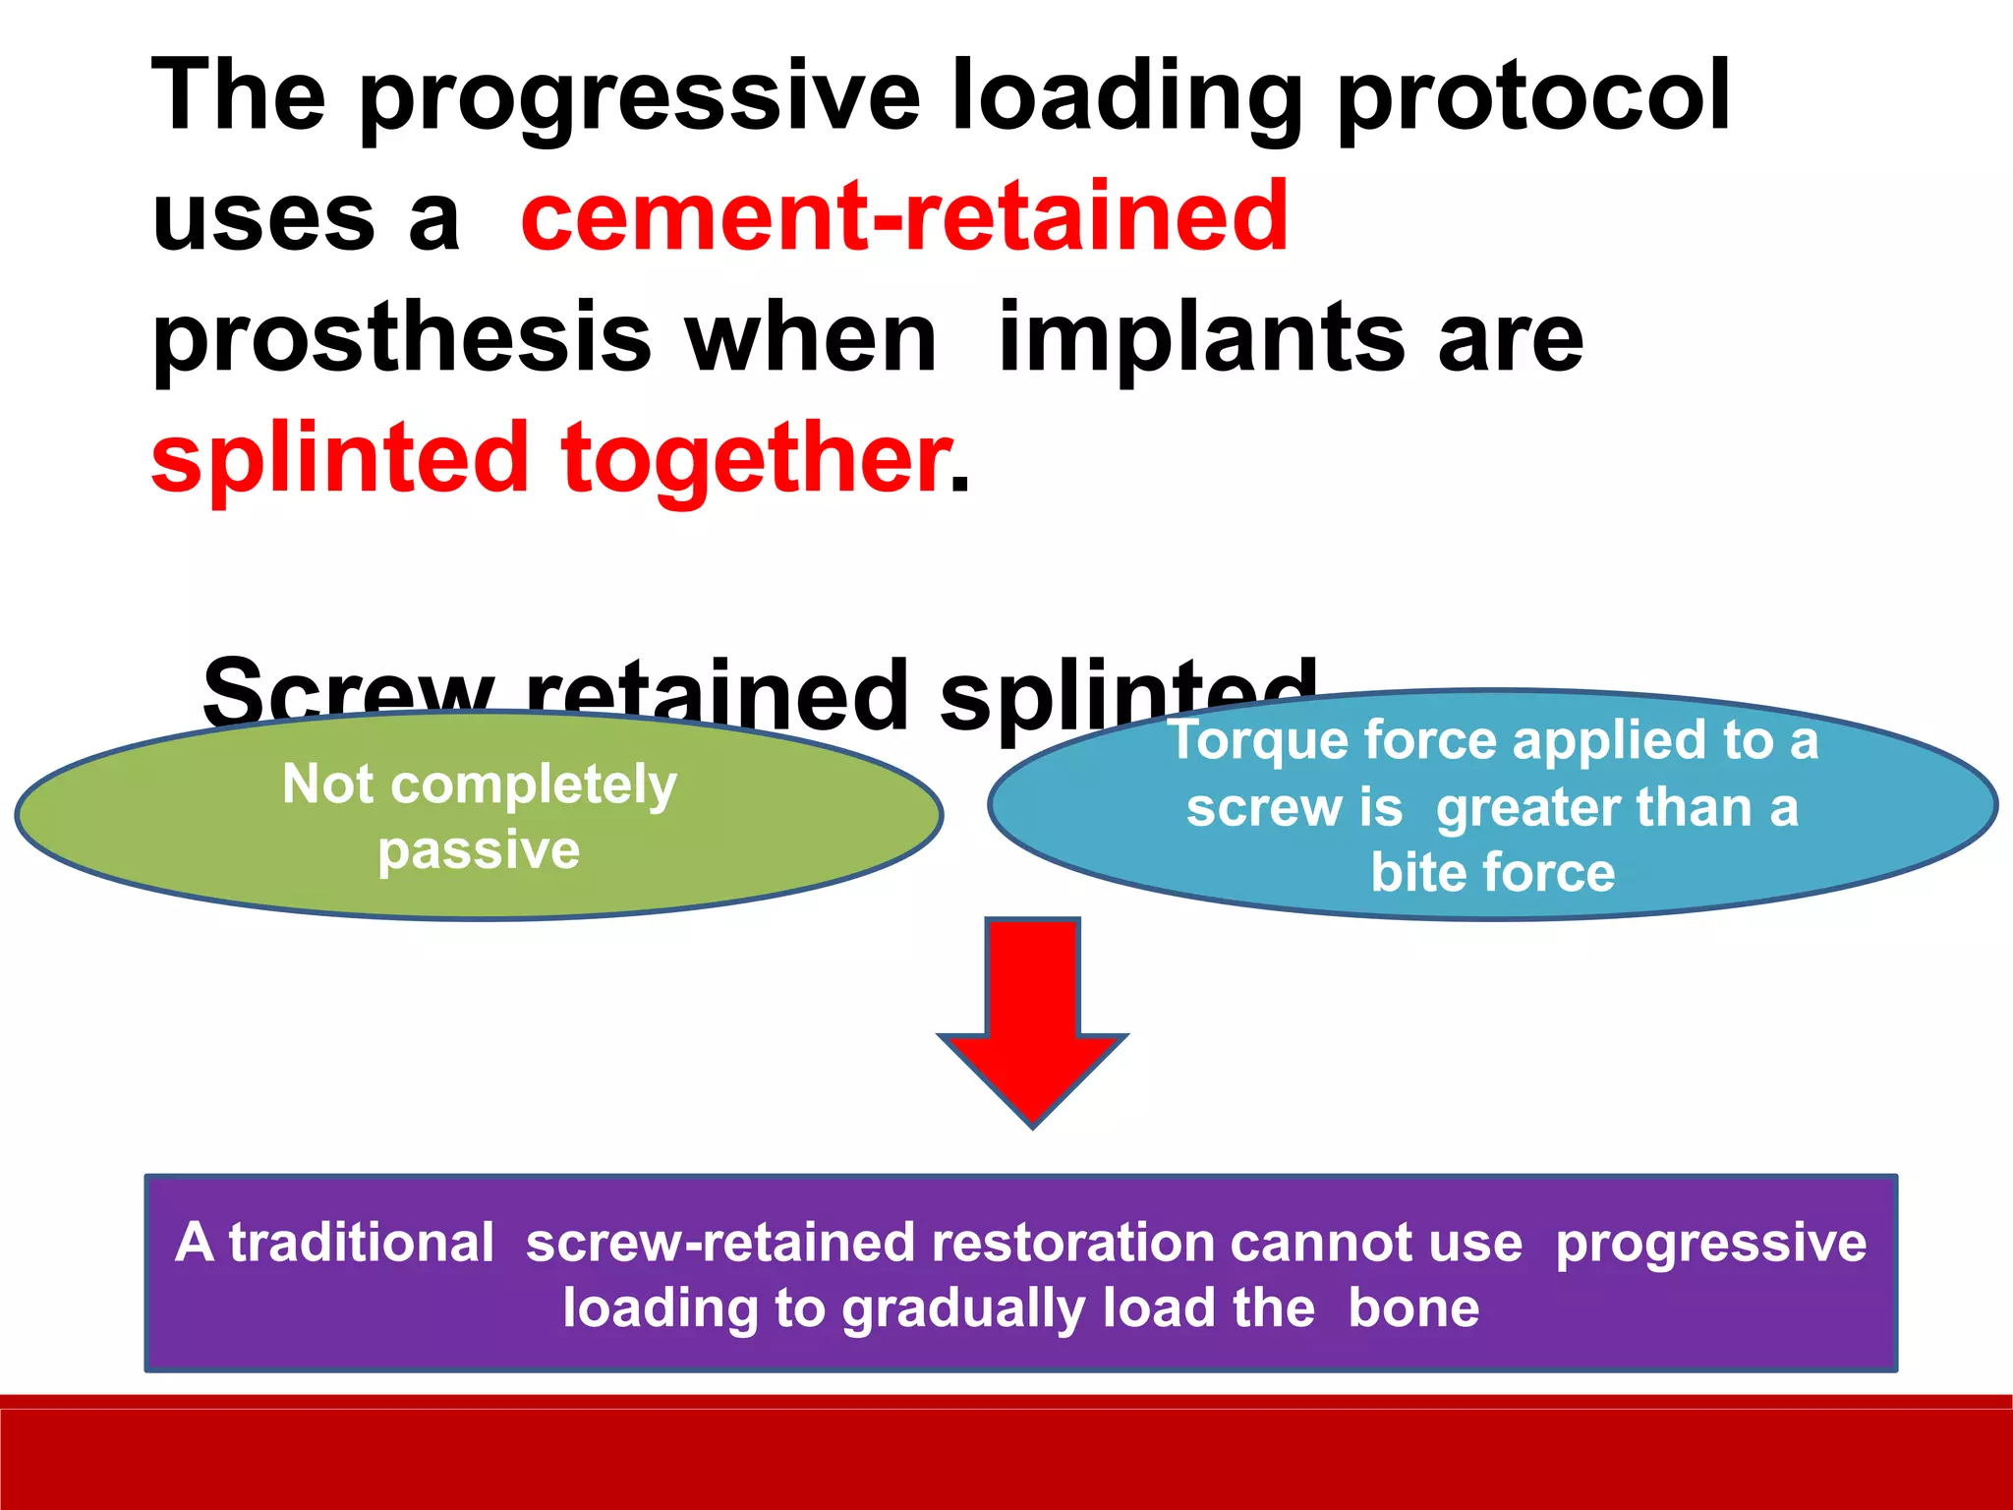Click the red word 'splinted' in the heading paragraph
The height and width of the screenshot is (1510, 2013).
tap(340, 457)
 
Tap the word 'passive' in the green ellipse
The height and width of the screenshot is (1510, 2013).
tap(479, 849)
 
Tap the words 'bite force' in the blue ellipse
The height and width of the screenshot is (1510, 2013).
tap(1492, 872)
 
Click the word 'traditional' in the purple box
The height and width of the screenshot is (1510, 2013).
tap(361, 1243)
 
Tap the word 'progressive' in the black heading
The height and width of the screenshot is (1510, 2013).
tap(639, 98)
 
